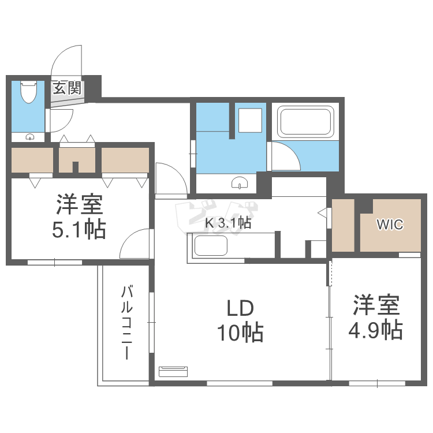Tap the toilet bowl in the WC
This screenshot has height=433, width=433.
(28, 92)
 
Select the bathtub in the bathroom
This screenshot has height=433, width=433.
(305, 122)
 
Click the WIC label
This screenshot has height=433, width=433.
(390, 224)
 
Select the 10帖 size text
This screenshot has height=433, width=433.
(240, 333)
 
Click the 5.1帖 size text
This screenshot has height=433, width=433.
(79, 229)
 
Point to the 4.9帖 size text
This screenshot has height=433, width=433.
(376, 330)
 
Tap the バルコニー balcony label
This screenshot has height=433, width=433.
(126, 323)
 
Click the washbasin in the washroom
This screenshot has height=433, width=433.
(239, 184)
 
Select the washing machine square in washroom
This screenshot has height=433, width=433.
(251, 121)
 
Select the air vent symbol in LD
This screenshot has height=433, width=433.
(173, 371)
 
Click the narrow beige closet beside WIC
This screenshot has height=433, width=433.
(343, 225)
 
